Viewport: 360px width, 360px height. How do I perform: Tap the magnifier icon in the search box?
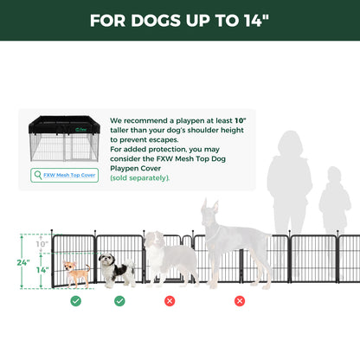(x=37, y=175)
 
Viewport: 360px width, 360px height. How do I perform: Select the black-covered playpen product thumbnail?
(x=63, y=139)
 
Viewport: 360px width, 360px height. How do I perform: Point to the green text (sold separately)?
(x=140, y=177)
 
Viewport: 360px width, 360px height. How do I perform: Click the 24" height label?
(x=23, y=262)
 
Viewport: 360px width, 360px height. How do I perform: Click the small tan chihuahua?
(x=76, y=273)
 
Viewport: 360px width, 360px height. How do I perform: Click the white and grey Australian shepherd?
(x=169, y=257)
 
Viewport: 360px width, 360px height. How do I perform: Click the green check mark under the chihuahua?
(x=76, y=301)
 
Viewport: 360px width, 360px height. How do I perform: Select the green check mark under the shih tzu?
(x=119, y=301)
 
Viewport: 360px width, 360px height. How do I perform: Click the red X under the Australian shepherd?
(x=170, y=301)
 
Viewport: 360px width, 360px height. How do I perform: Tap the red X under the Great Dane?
(x=240, y=301)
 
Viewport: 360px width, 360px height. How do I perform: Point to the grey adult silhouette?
(x=290, y=195)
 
